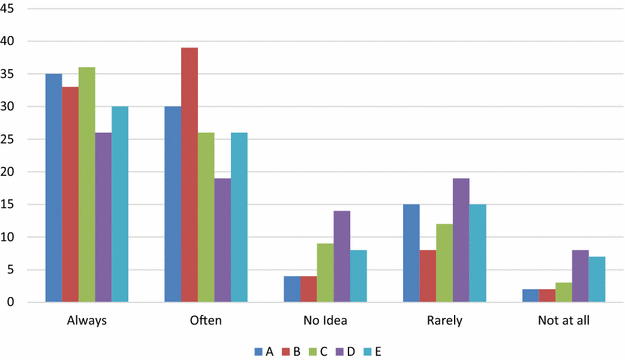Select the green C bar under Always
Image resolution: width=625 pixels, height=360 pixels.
point(87,185)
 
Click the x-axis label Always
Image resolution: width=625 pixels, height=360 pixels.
point(87,321)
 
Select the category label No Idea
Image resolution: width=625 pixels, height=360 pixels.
point(326,321)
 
